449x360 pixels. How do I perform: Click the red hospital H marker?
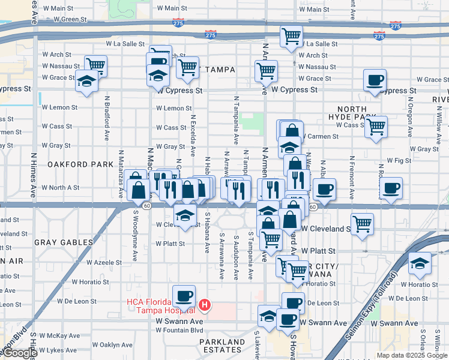205,305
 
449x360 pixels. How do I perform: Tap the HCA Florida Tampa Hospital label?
160,306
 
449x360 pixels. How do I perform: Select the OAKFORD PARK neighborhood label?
72,164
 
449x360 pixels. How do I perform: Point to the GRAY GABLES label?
64,242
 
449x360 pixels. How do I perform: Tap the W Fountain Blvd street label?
179,330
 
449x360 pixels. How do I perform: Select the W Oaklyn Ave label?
112,345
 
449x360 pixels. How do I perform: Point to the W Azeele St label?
104,263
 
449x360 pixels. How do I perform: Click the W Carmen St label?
320,136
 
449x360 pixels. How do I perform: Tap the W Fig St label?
399,161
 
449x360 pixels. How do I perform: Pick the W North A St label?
60,188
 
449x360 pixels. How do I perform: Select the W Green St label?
70,19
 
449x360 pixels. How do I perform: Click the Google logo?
20,353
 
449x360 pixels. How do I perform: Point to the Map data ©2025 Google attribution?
411,355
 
